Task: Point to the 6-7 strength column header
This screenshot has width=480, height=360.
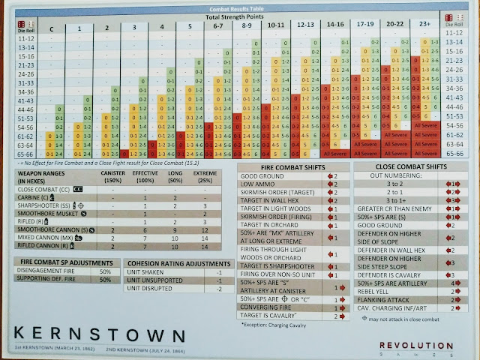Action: click(217, 28)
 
